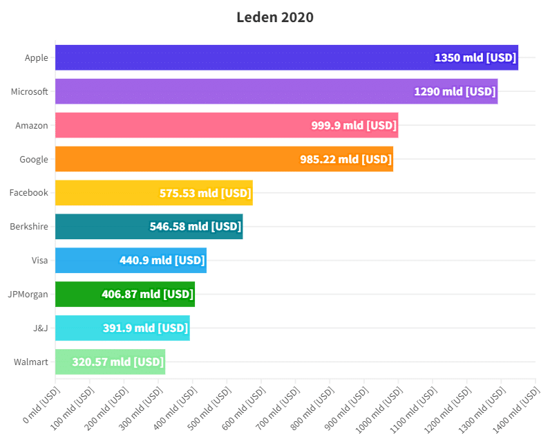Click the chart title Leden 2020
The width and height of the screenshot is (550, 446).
[x=275, y=17]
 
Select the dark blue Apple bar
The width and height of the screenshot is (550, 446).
[x=242, y=57]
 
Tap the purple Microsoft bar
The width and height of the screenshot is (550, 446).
[x=228, y=91]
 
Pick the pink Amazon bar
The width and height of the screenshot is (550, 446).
[x=180, y=125]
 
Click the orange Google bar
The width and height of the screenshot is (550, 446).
[x=173, y=159]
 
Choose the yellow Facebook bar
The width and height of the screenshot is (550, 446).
[x=104, y=193]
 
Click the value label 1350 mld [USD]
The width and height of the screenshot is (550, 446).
[x=475, y=57]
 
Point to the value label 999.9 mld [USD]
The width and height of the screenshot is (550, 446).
[x=354, y=125]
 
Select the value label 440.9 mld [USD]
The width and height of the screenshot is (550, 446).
[x=162, y=261]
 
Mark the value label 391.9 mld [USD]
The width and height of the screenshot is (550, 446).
[x=146, y=328]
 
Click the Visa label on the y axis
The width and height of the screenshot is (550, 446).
[x=40, y=261]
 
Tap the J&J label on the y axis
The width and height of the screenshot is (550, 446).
[x=41, y=328]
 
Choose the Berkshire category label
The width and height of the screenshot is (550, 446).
[x=29, y=227]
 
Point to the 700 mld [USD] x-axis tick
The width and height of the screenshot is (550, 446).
[x=278, y=405]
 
